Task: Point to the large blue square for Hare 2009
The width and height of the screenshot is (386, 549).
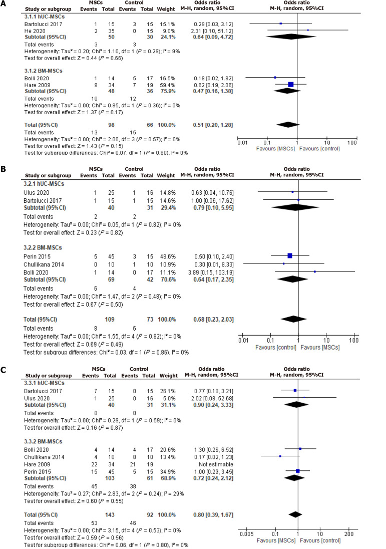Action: (x=291, y=84)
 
